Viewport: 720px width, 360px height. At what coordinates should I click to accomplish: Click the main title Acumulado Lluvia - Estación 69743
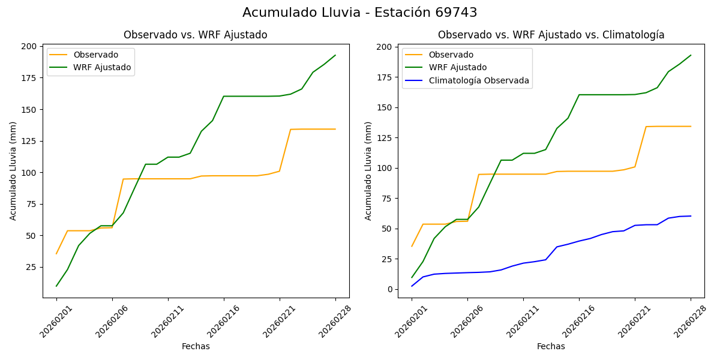(x=360, y=13)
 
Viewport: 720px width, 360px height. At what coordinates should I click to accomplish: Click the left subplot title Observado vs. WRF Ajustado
(x=195, y=35)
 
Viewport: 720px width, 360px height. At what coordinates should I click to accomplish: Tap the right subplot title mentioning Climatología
(x=551, y=35)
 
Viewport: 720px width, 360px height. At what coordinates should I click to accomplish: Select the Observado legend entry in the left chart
(x=96, y=55)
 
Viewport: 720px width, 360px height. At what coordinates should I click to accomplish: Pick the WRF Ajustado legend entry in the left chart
(x=102, y=67)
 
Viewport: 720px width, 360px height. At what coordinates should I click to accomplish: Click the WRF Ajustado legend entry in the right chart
(x=457, y=67)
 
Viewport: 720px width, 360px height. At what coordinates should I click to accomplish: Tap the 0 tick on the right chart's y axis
(x=390, y=289)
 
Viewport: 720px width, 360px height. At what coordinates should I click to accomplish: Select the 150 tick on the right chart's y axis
(x=385, y=107)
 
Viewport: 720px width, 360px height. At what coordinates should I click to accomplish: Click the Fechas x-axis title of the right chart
(x=551, y=346)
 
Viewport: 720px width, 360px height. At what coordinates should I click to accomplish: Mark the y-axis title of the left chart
(x=13, y=171)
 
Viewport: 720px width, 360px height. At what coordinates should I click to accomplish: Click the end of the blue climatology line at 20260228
(x=691, y=216)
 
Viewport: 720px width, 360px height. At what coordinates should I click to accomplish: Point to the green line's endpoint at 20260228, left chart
(x=335, y=55)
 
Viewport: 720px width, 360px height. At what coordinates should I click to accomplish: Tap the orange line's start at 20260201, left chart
(x=56, y=254)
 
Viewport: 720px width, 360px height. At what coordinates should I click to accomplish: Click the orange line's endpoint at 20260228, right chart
(x=691, y=126)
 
